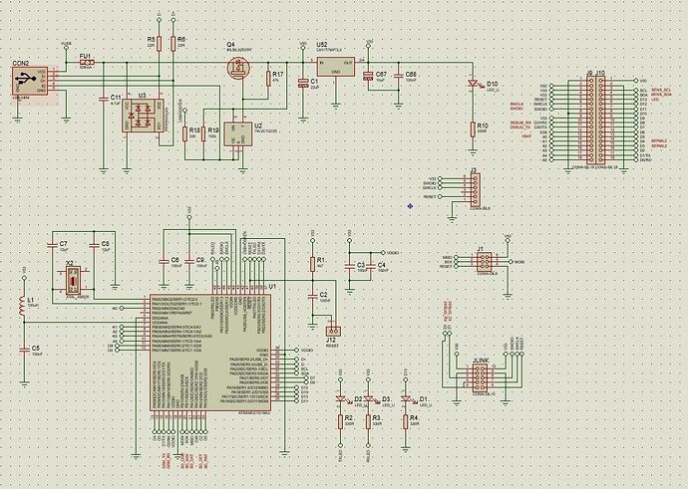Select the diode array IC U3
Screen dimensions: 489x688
142,117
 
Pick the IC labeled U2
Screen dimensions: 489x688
237,131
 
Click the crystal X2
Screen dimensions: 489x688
73,279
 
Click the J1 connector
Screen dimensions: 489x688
481,262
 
